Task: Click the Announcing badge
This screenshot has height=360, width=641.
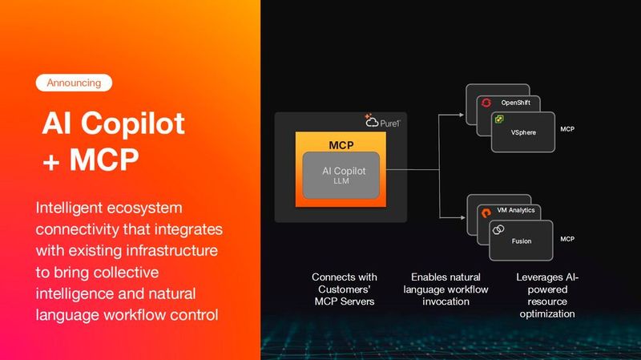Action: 74,82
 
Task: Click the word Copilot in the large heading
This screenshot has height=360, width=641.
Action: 131,123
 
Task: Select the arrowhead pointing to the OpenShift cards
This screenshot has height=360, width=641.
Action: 463,115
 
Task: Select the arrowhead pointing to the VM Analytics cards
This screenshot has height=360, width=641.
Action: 463,217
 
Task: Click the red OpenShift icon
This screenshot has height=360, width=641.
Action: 485,103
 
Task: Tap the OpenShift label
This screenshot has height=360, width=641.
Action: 515,103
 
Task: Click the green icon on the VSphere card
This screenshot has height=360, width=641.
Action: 498,119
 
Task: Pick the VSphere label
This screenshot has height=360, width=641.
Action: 523,131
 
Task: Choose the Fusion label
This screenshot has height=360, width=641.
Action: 521,241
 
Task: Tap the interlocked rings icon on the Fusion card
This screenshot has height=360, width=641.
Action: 498,230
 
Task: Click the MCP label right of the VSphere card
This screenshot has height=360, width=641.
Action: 567,129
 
